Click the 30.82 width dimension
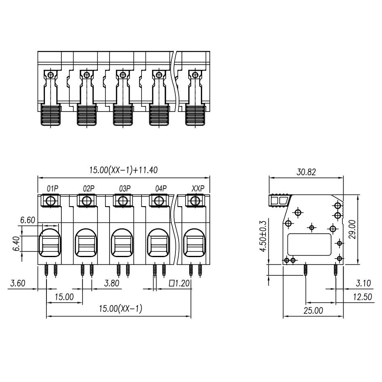pyautogui.click(x=306, y=172)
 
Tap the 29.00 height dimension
pyautogui.click(x=352, y=230)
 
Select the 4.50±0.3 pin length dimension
pyautogui.click(x=263, y=236)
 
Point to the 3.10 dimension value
pyautogui.click(x=363, y=283)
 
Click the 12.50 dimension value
pyautogui.click(x=363, y=297)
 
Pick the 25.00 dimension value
pyautogui.click(x=313, y=310)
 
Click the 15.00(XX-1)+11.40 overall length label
pyautogui.click(x=123, y=170)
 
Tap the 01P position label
pyautogui.click(x=53, y=188)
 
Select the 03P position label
pyautogui.click(x=125, y=188)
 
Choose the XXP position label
pyautogui.click(x=198, y=188)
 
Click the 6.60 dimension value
pyautogui.click(x=27, y=220)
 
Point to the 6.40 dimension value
pyautogui.click(x=16, y=244)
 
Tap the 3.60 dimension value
pyautogui.click(x=18, y=283)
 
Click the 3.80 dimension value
pyautogui.click(x=112, y=283)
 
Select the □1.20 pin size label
pyautogui.click(x=179, y=283)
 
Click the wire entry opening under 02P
pyautogui.click(x=86, y=243)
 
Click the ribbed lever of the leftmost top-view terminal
pyautogui.click(x=51, y=115)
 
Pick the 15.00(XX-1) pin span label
pyautogui.click(x=120, y=309)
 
